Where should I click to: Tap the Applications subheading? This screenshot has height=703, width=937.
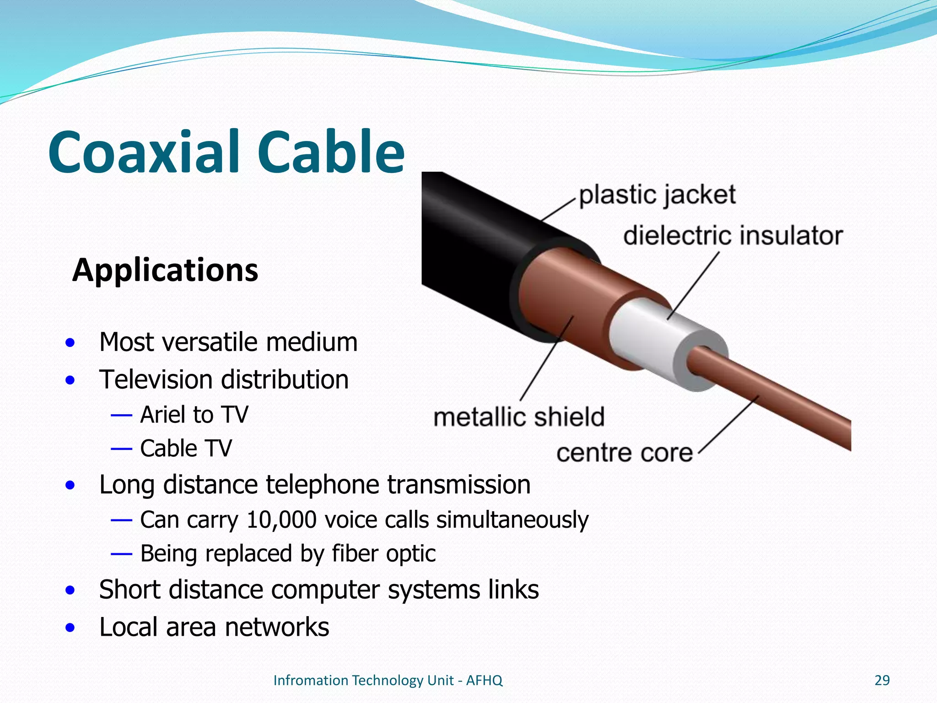165,270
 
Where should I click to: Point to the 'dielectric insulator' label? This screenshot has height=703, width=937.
732,236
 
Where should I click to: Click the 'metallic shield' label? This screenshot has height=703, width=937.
519,417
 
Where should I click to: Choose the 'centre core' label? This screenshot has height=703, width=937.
625,453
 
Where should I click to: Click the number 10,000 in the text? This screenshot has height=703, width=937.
281,520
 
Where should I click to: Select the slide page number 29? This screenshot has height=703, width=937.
882,681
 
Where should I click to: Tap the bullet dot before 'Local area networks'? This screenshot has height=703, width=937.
70,627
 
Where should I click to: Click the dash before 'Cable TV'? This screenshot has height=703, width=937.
121,449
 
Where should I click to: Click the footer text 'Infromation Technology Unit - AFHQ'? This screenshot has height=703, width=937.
388,681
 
